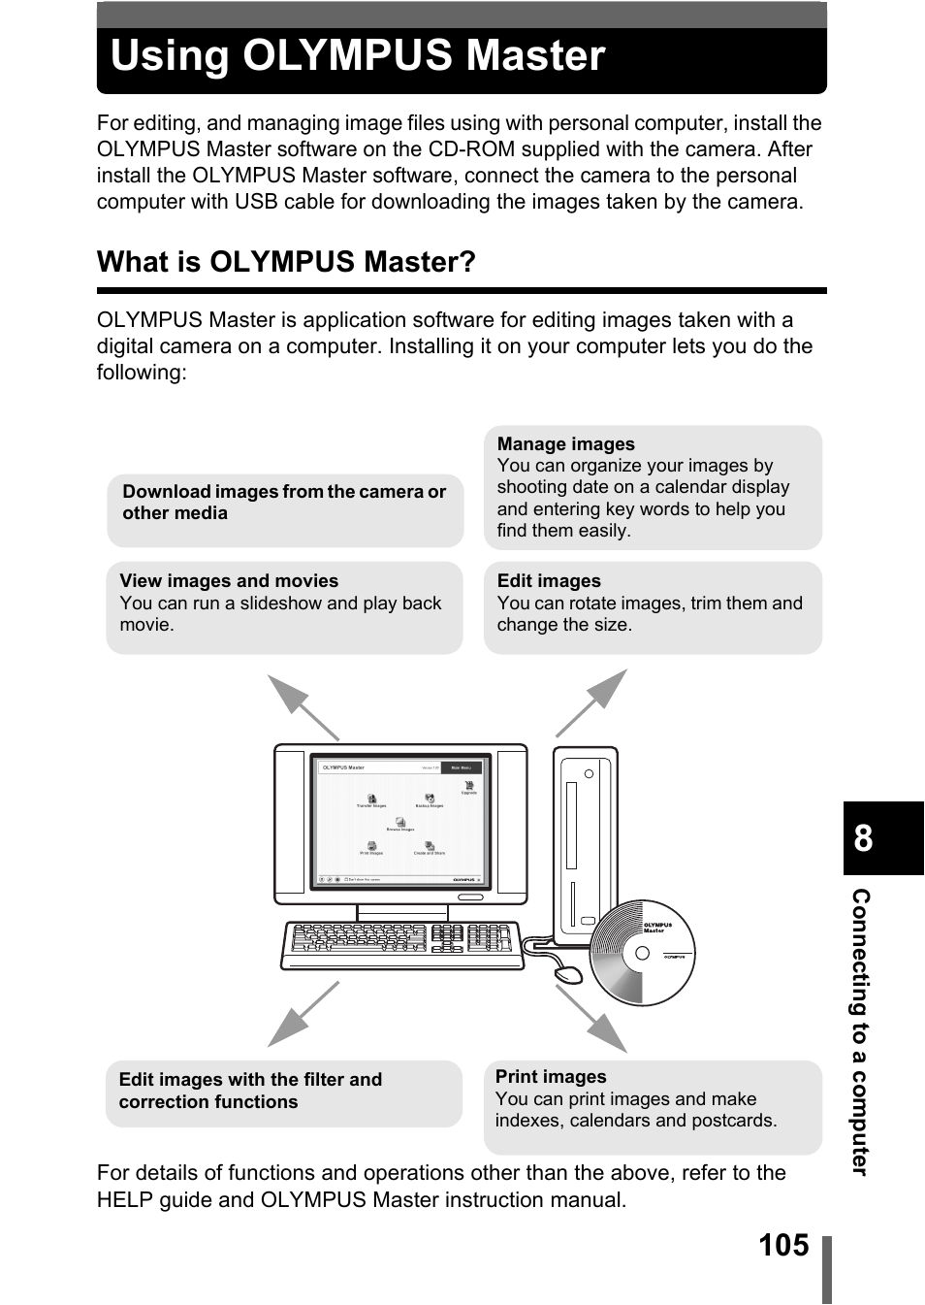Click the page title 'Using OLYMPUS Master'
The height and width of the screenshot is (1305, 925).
[358, 56]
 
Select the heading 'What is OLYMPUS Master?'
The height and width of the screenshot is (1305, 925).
[286, 262]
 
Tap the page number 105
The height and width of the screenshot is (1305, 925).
[783, 1245]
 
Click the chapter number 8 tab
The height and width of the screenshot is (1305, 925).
[864, 838]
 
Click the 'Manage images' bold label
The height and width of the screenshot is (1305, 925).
[565, 444]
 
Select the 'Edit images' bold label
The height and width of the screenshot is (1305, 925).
[549, 581]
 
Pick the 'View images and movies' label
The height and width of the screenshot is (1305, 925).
[229, 581]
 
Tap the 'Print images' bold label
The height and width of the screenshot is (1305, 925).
[551, 1077]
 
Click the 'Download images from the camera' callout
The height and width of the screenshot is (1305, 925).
[284, 503]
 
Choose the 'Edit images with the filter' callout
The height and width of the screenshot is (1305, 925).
[250, 1091]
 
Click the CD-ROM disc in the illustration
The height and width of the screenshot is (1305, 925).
[642, 953]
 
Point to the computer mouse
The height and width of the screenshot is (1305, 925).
[567, 973]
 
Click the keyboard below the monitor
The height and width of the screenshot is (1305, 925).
[401, 942]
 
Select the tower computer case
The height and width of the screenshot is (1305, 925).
[585, 840]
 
